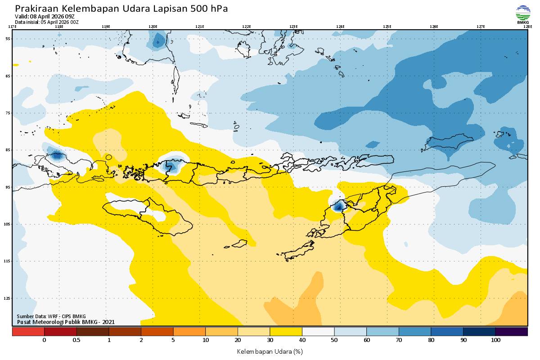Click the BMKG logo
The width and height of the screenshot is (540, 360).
tap(522, 14)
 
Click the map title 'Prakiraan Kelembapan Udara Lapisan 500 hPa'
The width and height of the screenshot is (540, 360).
tap(121, 9)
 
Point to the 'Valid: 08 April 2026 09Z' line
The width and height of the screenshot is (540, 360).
tap(45, 16)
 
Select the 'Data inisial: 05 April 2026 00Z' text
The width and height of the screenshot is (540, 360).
tap(47, 22)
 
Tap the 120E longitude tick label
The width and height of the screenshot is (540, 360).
tap(153, 27)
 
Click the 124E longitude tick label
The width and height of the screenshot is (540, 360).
tap(340, 27)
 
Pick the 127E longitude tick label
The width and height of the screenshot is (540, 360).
tap(481, 27)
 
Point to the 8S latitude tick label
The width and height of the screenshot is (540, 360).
tap(8, 150)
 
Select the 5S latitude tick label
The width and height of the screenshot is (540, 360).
tap(8, 39)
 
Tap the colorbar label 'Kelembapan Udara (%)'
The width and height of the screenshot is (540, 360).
tap(270, 351)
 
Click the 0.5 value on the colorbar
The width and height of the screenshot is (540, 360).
tap(76, 340)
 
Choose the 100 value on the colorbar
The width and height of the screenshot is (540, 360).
tap(495, 340)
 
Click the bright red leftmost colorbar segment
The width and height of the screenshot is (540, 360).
tap(28, 332)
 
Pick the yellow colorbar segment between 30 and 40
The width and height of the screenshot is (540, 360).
tap(286, 332)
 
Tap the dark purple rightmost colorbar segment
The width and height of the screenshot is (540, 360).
tap(511, 332)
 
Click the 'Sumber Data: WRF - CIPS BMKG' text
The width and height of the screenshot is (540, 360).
tap(51, 316)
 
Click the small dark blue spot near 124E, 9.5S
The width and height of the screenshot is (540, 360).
tap(338, 207)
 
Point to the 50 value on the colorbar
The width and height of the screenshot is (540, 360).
tap(334, 340)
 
